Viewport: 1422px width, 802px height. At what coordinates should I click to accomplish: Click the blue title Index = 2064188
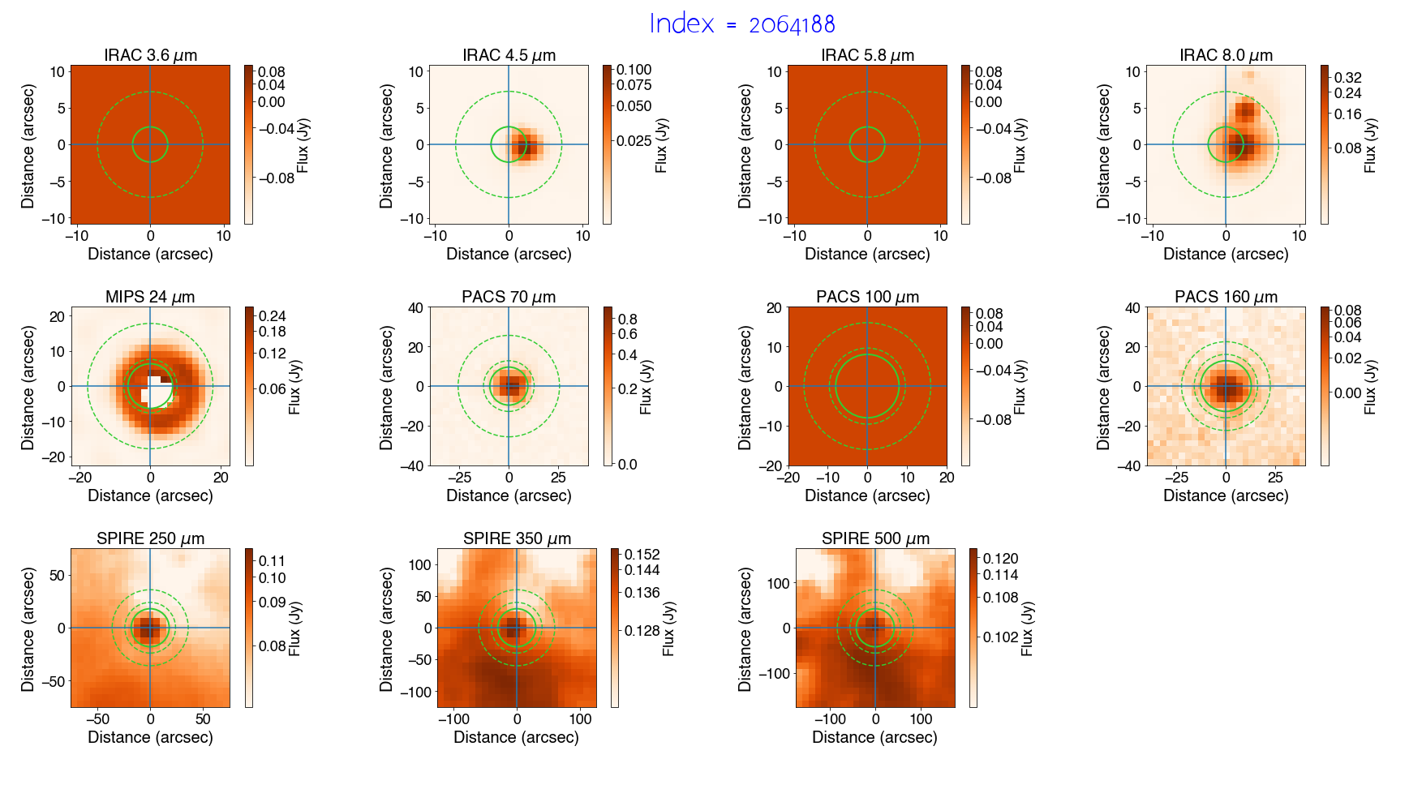coord(741,24)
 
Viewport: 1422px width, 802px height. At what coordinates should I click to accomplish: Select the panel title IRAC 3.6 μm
coord(150,55)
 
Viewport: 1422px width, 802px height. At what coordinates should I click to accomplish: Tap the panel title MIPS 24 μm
coord(150,297)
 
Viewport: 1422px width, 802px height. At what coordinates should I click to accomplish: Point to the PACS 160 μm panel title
coord(1226,297)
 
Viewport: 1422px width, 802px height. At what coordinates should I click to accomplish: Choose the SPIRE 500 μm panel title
coord(875,538)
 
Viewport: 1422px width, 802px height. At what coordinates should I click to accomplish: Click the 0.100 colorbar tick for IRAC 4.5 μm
coord(634,70)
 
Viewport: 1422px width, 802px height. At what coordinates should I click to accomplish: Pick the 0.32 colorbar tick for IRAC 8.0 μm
coord(1347,78)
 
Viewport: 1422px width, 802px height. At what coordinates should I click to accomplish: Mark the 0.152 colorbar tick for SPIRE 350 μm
coord(642,555)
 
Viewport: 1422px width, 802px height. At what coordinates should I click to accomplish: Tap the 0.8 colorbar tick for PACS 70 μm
coord(627,320)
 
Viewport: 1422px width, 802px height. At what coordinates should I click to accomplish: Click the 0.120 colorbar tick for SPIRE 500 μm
coord(1000,559)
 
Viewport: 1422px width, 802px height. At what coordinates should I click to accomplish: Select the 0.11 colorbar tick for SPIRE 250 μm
coord(272,561)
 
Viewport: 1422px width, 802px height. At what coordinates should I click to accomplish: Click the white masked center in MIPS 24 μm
coord(153,390)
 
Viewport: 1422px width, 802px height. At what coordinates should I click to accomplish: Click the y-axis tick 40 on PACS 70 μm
coord(415,308)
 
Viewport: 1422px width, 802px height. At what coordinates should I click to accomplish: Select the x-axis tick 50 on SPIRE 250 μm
coord(203,719)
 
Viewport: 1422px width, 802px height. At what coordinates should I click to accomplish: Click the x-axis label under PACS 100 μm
coord(867,495)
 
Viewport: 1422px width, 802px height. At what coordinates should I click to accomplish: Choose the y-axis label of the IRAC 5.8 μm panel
coord(744,145)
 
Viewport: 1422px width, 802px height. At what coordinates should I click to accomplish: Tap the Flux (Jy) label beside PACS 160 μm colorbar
coord(1370,387)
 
